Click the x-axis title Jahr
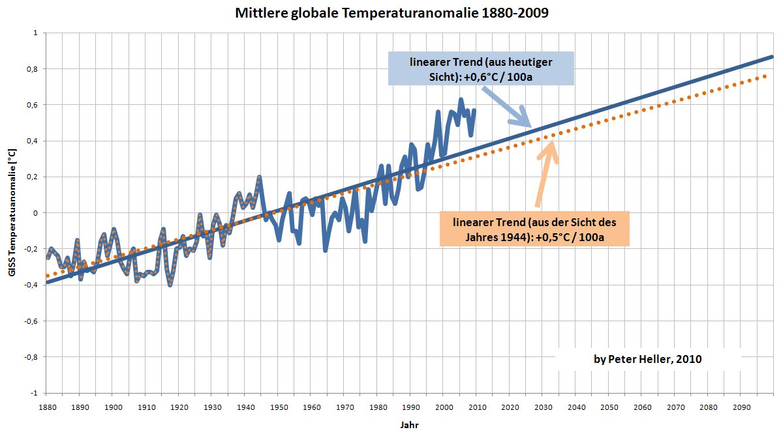coord(408,424)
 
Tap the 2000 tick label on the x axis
coord(443,407)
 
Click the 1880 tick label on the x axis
coord(46,407)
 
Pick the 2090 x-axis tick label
coord(741,407)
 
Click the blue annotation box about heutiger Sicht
coord(481,68)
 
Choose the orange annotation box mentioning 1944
coord(534,228)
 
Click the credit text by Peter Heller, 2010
coord(647,359)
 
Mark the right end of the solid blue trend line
coord(773,57)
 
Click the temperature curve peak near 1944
coord(259,177)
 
